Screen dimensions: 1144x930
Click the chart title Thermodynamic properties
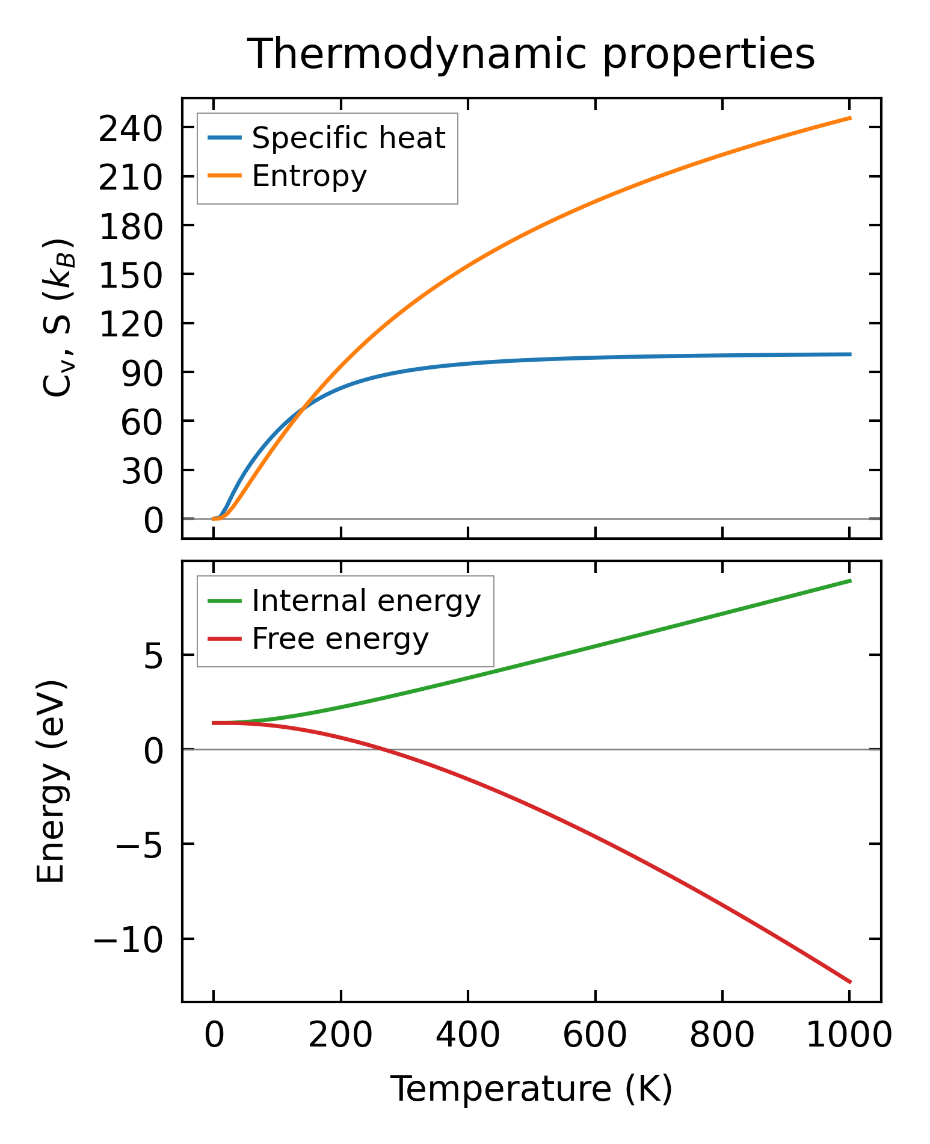[x=531, y=55]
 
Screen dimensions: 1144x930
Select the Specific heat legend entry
[x=348, y=138]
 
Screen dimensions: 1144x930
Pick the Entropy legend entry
[x=309, y=176]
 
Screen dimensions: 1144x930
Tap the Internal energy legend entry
[x=366, y=601]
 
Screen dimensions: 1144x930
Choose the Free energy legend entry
[x=340, y=639]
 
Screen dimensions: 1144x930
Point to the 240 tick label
[x=131, y=129]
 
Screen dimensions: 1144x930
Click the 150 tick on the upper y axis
[x=131, y=275]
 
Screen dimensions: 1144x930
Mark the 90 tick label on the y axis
[x=142, y=373]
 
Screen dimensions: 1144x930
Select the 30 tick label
[x=142, y=471]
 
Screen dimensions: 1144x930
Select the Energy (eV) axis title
[x=51, y=782]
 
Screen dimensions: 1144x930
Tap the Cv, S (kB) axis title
[x=57, y=318]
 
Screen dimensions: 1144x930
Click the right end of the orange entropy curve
[x=850, y=118]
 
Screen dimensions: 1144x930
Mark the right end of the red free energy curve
[x=850, y=982]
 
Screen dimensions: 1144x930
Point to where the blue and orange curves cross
[x=304, y=407]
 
